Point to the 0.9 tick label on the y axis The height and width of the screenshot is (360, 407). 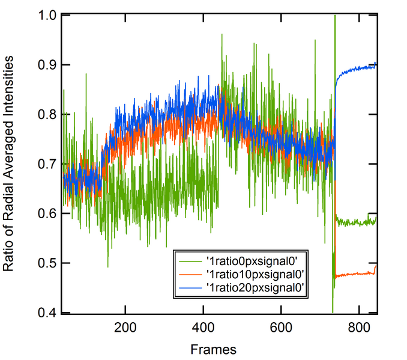click(x=47, y=64)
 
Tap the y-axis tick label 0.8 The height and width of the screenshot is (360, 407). click(x=47, y=114)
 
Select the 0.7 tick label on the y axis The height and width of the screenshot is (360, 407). click(x=47, y=163)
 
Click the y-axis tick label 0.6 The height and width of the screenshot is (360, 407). click(x=47, y=213)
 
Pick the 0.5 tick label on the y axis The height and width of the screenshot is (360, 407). click(x=47, y=263)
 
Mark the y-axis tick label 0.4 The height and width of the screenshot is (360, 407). click(x=47, y=312)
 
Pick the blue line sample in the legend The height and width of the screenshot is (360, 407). click(x=191, y=289)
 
